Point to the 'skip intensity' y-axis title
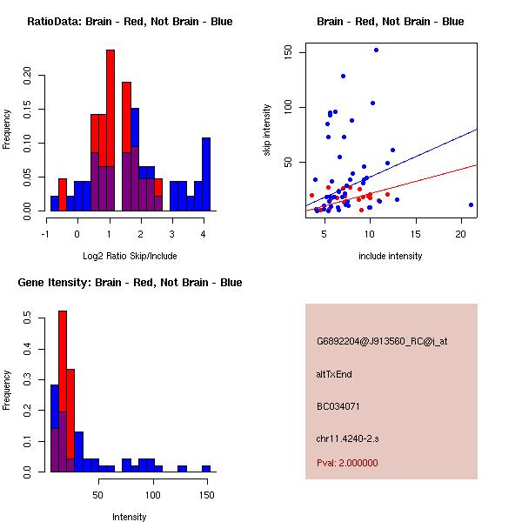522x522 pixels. click(x=267, y=130)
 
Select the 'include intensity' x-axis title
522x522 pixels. click(x=391, y=255)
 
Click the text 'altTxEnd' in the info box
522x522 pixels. click(x=334, y=374)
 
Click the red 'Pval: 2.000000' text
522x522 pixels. click(x=347, y=463)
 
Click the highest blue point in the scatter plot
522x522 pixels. click(x=376, y=50)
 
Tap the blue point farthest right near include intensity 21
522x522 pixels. click(x=471, y=204)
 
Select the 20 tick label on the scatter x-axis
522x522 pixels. click(x=462, y=234)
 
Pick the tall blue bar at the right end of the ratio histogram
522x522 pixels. click(x=206, y=174)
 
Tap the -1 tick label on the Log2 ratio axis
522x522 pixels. click(x=46, y=234)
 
